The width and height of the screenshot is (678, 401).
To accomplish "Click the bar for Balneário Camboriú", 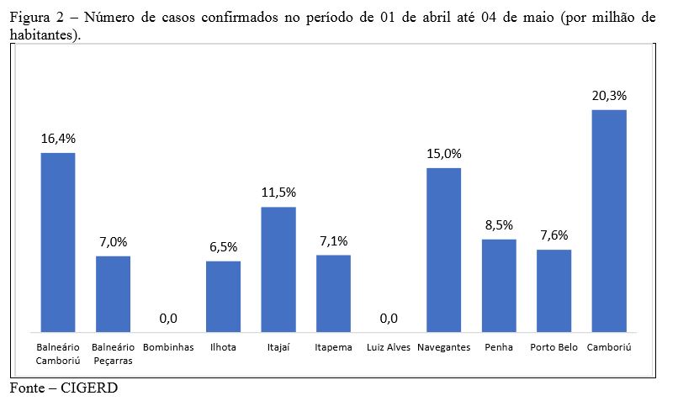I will coord(58,242).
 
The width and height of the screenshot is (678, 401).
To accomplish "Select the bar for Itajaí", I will coord(278,269).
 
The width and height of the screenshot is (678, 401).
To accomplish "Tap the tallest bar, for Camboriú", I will coord(609,220).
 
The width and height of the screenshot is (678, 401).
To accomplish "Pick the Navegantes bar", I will coord(443,250).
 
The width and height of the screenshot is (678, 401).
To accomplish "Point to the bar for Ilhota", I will coord(223,296).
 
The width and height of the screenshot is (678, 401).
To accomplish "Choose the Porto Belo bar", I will coord(554,290).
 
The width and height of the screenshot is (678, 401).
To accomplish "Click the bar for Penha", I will coord(499,285).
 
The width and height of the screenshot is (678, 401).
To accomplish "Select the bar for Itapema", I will coord(333,293).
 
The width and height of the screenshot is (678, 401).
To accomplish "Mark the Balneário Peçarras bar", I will coord(113,294).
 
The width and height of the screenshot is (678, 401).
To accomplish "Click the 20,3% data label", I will coord(609,96).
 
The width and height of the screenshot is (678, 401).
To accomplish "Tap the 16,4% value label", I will coord(58,139).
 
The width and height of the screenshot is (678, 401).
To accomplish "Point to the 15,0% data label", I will coord(443,154).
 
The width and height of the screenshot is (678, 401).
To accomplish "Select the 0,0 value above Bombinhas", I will coord(168,319).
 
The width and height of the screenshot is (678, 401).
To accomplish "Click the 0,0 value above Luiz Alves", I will coord(388,319).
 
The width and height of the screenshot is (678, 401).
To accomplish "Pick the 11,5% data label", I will coord(278,193).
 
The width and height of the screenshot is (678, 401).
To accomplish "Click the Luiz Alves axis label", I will coord(388,347).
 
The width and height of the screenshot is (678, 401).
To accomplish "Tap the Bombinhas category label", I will coord(168,347).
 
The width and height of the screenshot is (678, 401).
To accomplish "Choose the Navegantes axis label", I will coord(443,347).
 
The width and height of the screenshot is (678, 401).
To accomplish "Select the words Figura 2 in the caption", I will coord(32,18).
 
